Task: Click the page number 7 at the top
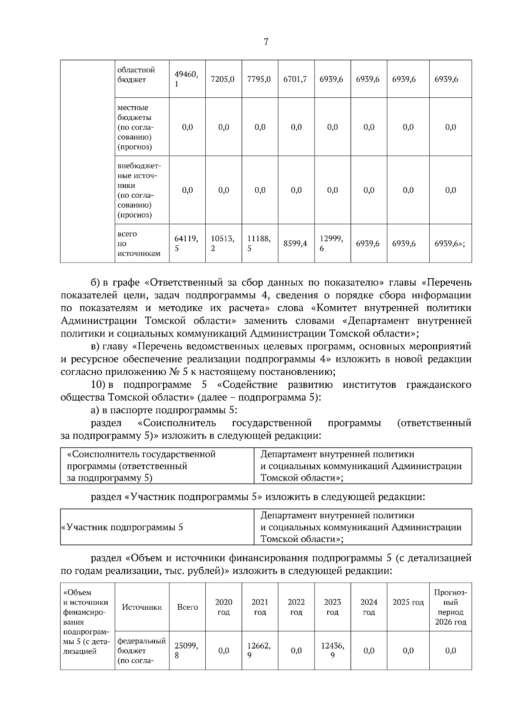click(x=266, y=42)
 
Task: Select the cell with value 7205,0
click(x=224, y=79)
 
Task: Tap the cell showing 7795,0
click(x=260, y=79)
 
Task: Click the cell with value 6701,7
click(x=296, y=79)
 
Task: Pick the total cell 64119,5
click(x=187, y=243)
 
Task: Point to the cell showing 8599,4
click(x=296, y=243)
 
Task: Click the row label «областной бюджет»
click(x=136, y=75)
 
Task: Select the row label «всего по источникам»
click(x=139, y=243)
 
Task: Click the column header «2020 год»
click(x=224, y=607)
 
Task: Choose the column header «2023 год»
click(x=332, y=607)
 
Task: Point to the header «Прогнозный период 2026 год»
click(x=450, y=607)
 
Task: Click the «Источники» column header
click(x=142, y=607)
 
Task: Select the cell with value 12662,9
click(x=260, y=650)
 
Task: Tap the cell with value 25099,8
click(x=187, y=650)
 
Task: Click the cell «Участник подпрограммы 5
click(x=123, y=528)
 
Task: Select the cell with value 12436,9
click(x=332, y=650)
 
